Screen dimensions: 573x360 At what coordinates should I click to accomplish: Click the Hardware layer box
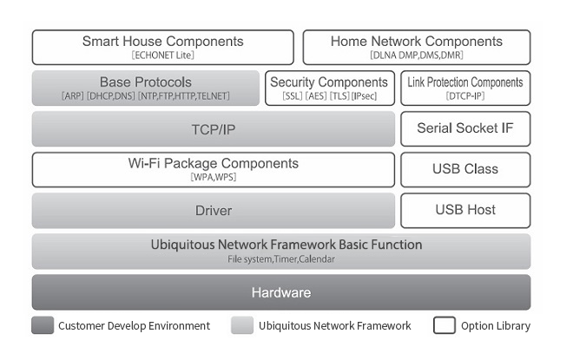[281, 292]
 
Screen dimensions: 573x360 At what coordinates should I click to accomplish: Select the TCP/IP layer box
[214, 129]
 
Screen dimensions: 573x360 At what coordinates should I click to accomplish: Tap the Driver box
[214, 211]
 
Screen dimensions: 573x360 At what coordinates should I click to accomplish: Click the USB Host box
[465, 211]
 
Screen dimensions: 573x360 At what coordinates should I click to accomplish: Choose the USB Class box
[465, 170]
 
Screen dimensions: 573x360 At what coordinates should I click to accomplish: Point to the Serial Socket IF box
[465, 129]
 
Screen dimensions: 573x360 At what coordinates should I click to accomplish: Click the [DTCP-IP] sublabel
[465, 96]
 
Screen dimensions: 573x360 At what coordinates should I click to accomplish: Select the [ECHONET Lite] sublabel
[163, 56]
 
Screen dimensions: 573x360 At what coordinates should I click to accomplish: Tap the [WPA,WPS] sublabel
[214, 177]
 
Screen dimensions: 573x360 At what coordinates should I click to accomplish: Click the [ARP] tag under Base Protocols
[73, 96]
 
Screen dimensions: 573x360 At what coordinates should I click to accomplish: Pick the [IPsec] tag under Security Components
[364, 96]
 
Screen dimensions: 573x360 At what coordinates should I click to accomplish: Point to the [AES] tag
[316, 96]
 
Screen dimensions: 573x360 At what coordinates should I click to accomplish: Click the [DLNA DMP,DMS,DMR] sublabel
[417, 56]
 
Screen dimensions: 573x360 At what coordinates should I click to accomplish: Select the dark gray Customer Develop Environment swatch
[43, 325]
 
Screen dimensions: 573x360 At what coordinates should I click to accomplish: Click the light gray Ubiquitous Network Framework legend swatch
[242, 325]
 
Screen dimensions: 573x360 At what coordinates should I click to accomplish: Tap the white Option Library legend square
[445, 325]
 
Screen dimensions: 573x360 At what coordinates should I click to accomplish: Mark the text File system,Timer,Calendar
[281, 259]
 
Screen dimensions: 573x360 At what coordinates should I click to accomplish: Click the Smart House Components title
[163, 42]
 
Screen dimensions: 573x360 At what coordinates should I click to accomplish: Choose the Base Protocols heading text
[146, 82]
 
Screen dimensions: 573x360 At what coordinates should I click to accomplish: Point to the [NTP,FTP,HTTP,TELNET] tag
[184, 96]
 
